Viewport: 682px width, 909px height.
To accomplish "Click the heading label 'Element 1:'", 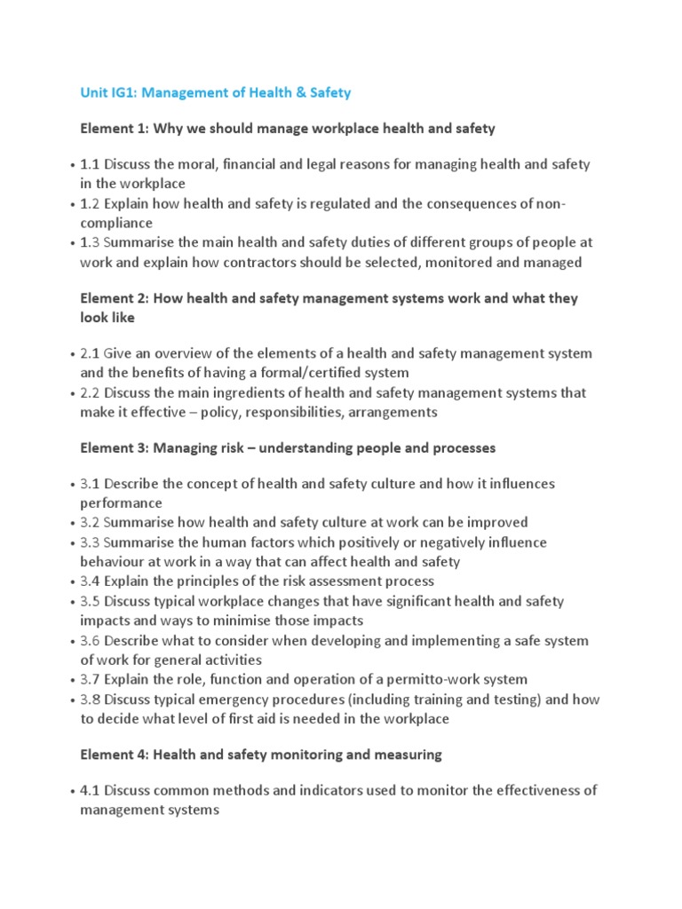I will (115, 129).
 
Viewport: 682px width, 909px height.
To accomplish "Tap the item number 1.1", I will (91, 164).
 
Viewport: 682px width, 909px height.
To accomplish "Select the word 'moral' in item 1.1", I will (196, 164).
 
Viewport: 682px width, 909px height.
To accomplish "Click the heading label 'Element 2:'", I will (115, 298).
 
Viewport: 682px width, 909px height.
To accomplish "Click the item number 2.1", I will (91, 353).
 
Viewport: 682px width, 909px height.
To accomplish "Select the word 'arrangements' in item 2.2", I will (392, 412).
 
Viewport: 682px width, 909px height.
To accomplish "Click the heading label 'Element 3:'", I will (115, 448).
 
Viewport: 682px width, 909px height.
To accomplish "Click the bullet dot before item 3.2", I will (71, 523).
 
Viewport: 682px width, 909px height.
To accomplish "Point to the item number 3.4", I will (91, 581).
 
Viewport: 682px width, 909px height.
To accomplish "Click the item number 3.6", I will (91, 640).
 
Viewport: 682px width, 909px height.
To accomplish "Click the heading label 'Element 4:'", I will (115, 755).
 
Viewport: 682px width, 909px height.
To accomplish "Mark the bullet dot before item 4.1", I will (71, 791).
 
